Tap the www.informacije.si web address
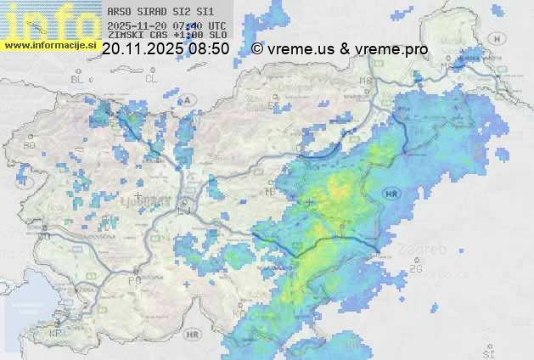(x=49, y=45)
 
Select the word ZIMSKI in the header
(x=126, y=36)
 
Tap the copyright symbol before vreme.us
(x=257, y=49)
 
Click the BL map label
(x=78, y=79)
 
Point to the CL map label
(x=151, y=78)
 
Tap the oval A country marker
(x=188, y=99)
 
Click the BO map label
(x=30, y=145)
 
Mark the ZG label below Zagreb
(x=416, y=269)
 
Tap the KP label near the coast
(x=56, y=334)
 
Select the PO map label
(x=133, y=280)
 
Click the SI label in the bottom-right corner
(x=487, y=352)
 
